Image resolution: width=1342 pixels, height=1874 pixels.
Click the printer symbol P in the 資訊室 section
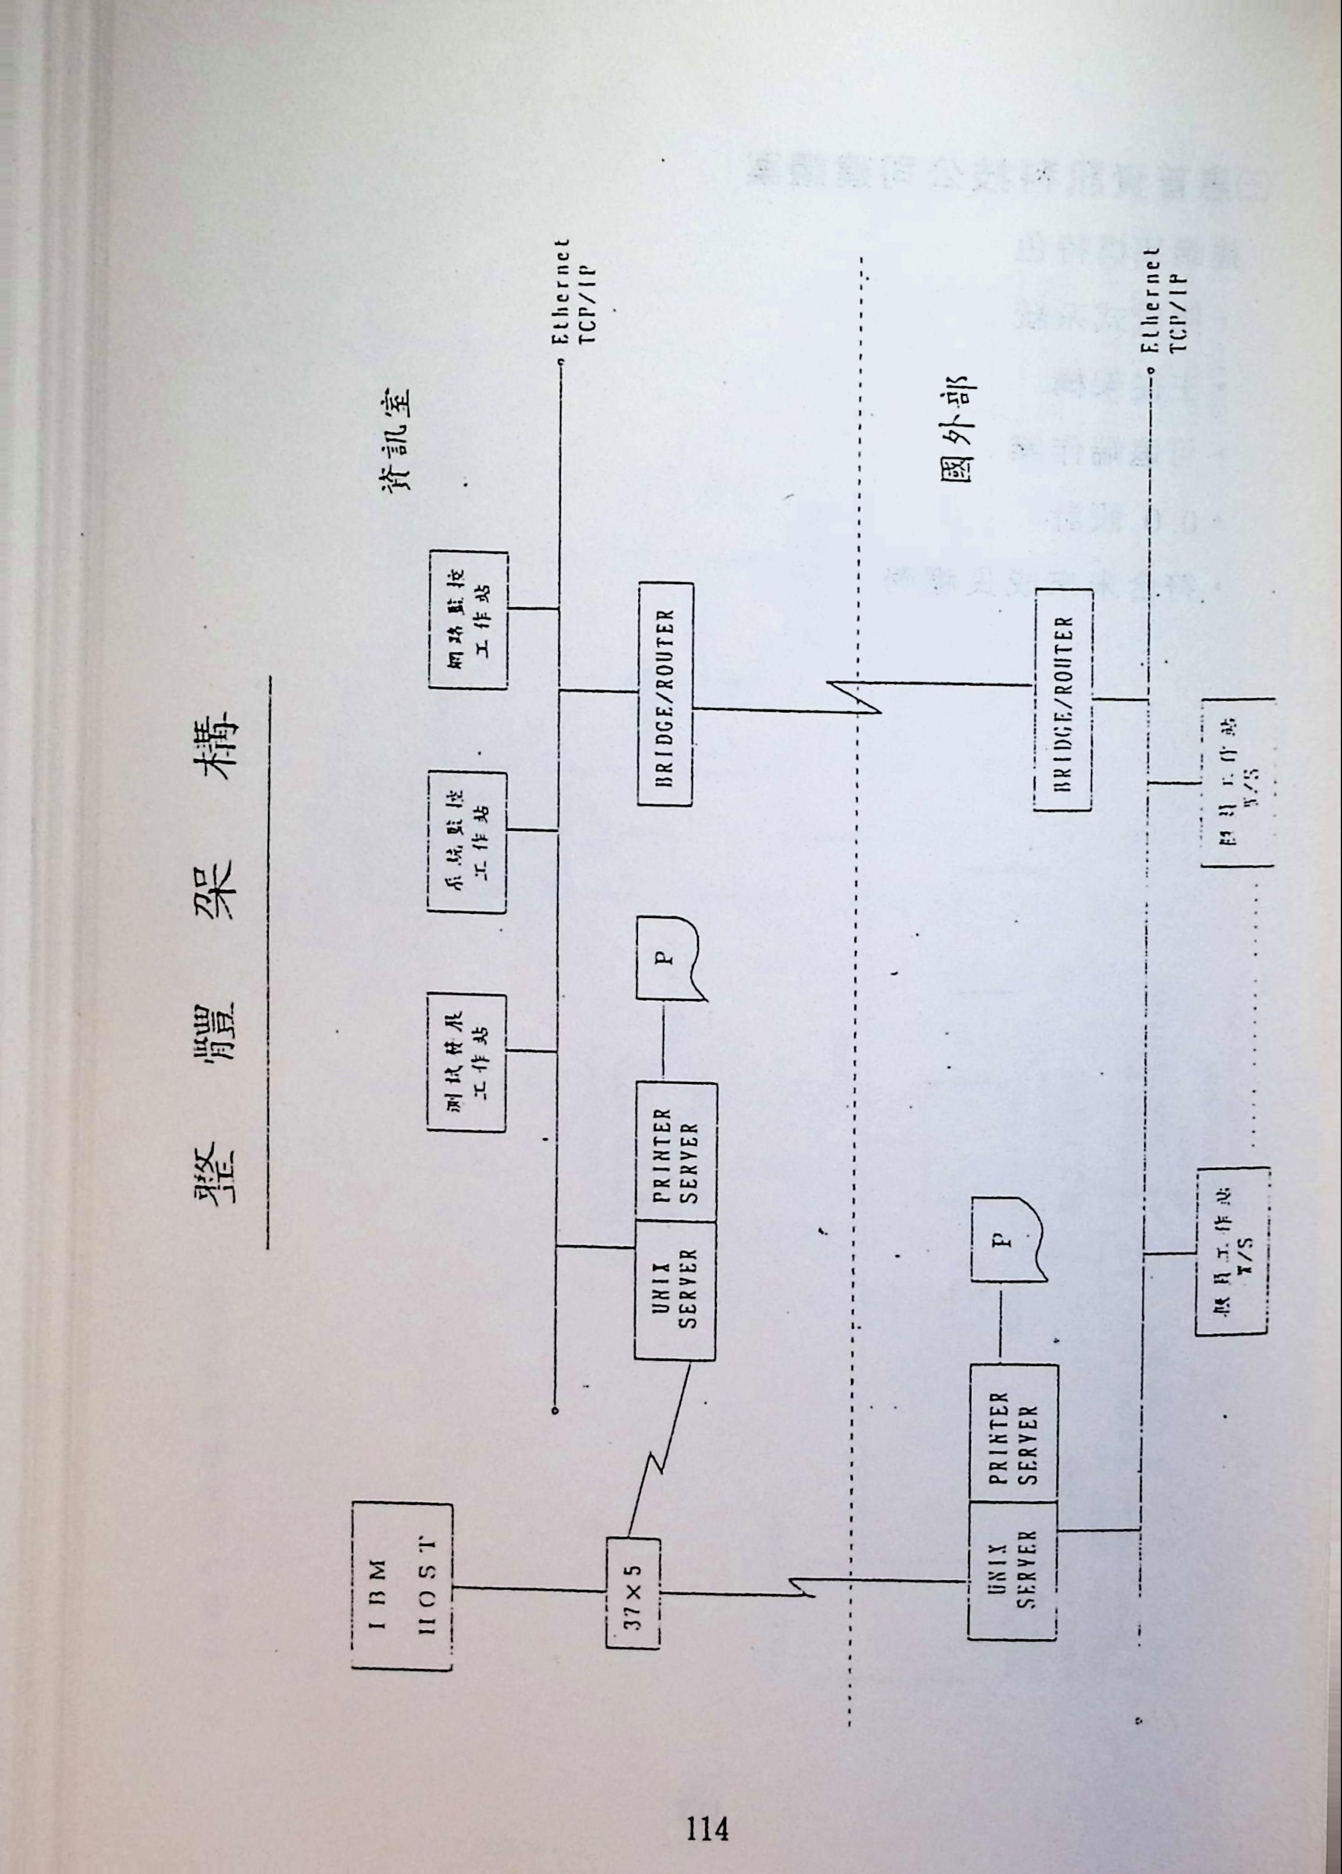(x=668, y=958)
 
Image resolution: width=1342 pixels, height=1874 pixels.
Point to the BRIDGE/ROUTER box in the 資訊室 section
(x=665, y=694)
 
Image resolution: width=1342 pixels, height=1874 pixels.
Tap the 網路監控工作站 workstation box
(x=468, y=619)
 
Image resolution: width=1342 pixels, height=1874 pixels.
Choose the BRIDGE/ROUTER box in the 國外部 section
(x=1063, y=702)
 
